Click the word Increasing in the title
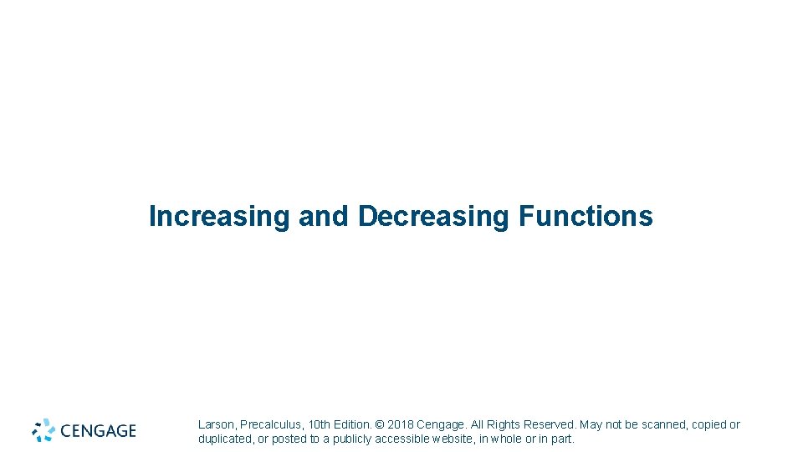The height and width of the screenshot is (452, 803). tap(219, 216)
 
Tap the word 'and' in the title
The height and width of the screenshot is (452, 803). tap(324, 216)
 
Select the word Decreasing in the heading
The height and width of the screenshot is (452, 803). tap(434, 216)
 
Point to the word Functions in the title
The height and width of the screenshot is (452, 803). tap(586, 216)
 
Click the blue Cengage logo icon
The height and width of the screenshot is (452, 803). tap(43, 430)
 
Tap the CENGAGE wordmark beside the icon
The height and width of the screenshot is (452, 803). tap(98, 431)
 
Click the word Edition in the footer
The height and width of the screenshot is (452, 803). tap(353, 424)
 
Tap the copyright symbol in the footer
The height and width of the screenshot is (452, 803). tap(381, 424)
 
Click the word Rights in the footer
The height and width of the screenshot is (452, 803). tap(504, 424)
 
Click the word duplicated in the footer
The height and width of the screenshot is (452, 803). tap(226, 439)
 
